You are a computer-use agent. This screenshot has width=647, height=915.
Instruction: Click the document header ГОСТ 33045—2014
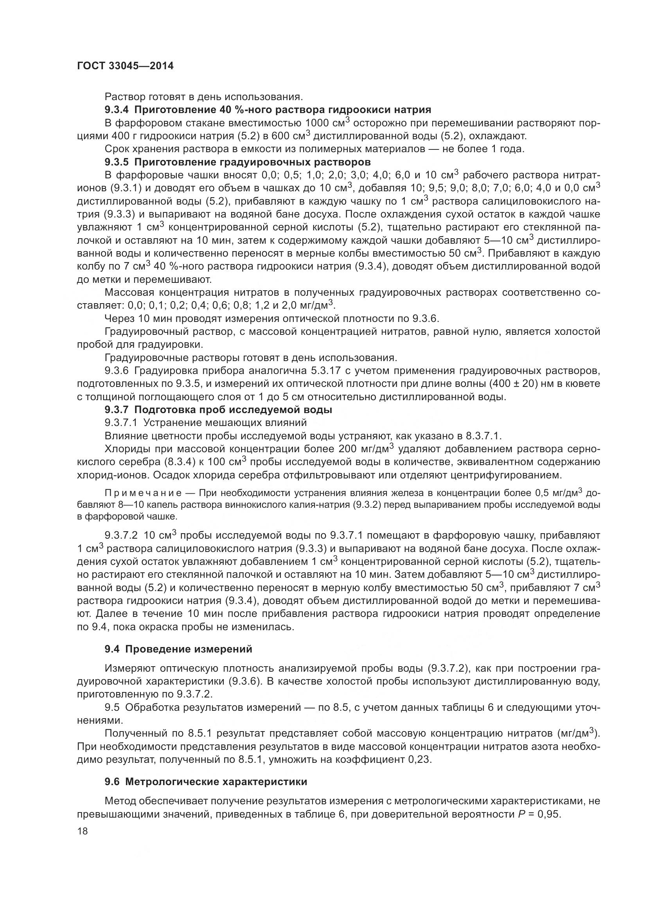(125, 66)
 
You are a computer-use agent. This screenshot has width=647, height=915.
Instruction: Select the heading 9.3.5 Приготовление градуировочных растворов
(237, 162)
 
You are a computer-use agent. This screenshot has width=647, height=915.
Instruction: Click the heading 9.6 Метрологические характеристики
(206, 782)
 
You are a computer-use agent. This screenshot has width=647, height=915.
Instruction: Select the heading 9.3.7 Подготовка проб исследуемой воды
(218, 409)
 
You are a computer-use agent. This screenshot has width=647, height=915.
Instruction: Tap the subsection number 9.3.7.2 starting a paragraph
(123, 535)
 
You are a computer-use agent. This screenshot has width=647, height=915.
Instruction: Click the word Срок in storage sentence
(115, 149)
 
